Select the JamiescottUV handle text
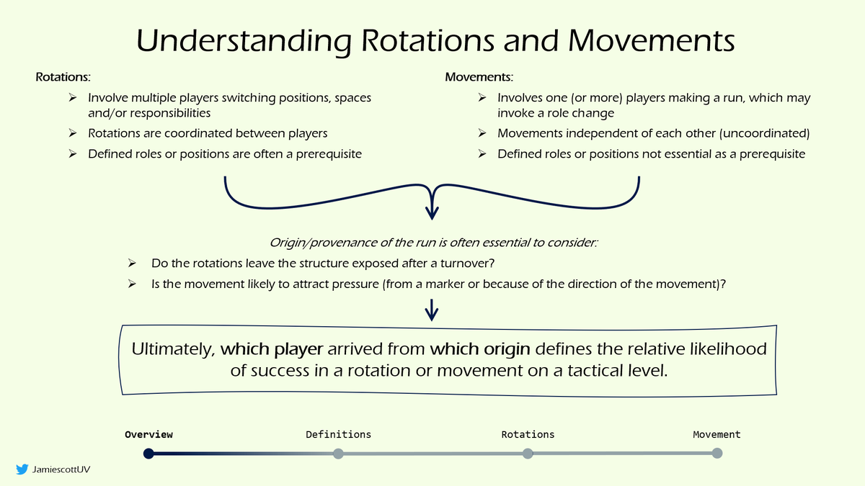coord(61,469)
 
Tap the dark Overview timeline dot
coord(148,454)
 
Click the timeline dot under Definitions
coord(338,454)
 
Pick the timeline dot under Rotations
coord(528,454)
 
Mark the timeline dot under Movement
coord(717,454)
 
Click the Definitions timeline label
coord(338,434)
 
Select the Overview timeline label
coord(148,434)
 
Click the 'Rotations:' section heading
coord(63,77)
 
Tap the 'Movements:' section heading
coord(479,77)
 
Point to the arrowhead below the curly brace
coord(432,213)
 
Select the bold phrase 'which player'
coord(272,349)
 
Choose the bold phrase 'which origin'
coord(480,349)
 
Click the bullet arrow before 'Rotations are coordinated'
coord(73,133)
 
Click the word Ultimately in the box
coord(172,349)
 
